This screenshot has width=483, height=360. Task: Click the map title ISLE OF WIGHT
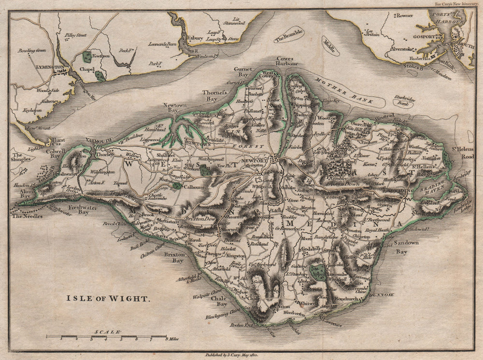[x=108, y=299]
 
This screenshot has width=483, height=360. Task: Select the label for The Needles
[x=28, y=216]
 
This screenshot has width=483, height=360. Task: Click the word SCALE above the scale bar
[x=108, y=332]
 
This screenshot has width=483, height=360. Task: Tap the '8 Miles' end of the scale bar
[x=171, y=339]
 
